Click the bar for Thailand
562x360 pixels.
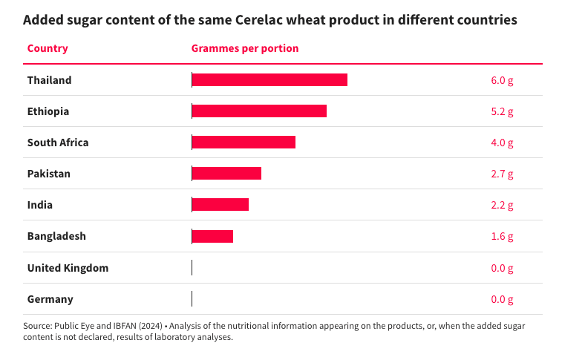269,80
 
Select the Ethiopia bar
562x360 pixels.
259,111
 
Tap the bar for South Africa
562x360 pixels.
244,143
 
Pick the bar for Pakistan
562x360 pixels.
226,174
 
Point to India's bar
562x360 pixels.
220,205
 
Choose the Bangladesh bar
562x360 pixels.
212,236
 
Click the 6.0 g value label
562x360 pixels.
502,80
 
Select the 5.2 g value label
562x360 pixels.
502,111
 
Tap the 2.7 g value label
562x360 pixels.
502,174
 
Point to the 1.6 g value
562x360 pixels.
502,236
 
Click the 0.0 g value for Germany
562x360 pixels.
502,299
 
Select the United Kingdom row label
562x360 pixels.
68,268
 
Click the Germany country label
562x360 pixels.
50,299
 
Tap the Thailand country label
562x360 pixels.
49,80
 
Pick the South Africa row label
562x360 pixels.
58,143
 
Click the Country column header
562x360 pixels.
48,48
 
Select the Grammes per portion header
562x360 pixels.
245,48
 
